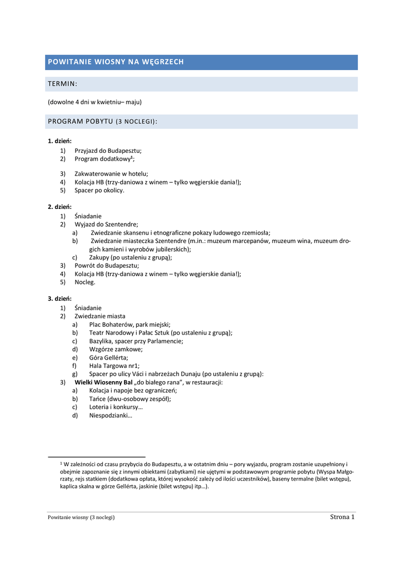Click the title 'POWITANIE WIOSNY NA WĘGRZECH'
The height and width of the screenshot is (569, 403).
pyautogui.click(x=116, y=62)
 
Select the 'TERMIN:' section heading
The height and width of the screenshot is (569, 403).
pyautogui.click(x=62, y=84)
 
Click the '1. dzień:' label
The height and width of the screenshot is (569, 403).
pyautogui.click(x=59, y=141)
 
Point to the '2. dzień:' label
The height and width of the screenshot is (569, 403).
pyautogui.click(x=59, y=207)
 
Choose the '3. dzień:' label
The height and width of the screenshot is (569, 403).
pyautogui.click(x=59, y=298)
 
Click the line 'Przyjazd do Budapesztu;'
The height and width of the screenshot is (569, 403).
pyautogui.click(x=108, y=150)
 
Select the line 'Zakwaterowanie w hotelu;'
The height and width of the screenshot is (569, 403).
pyautogui.click(x=111, y=173)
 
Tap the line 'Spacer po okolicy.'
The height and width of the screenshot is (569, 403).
pyautogui.click(x=99, y=190)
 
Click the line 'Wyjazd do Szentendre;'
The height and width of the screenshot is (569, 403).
pyautogui.click(x=106, y=224)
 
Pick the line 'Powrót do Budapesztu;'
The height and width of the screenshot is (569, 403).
pyautogui.click(x=107, y=265)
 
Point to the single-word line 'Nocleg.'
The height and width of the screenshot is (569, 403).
pyautogui.click(x=85, y=282)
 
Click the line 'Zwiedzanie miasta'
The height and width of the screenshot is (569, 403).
pyautogui.click(x=100, y=316)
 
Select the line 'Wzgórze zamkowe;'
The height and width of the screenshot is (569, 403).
pyautogui.click(x=116, y=349)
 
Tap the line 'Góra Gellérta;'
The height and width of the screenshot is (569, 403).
pyautogui.click(x=108, y=357)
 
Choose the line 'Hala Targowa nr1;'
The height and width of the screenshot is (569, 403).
pyautogui.click(x=114, y=366)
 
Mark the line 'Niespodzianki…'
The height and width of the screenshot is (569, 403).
pyautogui.click(x=111, y=415)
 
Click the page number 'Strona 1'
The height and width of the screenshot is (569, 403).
pyautogui.click(x=342, y=517)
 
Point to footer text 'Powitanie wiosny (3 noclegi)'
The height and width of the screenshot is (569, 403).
pyautogui.click(x=81, y=517)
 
